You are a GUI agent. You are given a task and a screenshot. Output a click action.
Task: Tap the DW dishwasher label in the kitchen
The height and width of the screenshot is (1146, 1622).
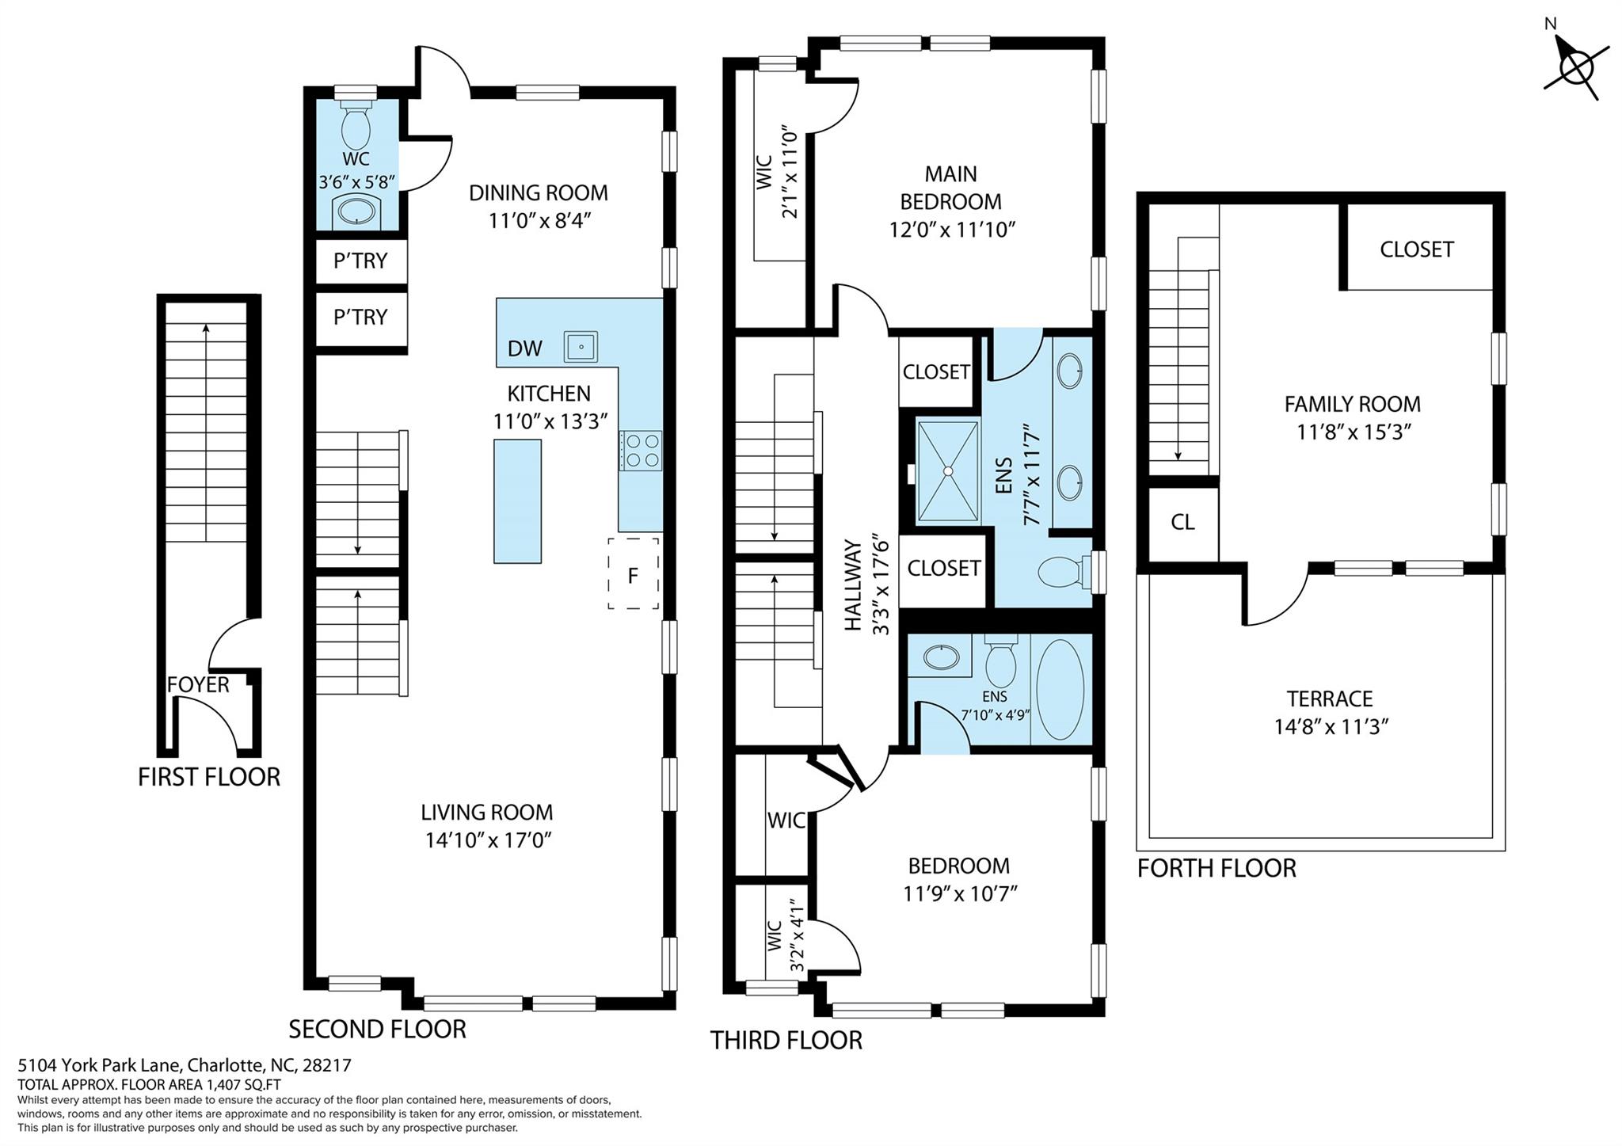524,348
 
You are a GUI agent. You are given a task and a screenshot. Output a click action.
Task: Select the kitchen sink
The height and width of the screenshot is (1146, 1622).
581,347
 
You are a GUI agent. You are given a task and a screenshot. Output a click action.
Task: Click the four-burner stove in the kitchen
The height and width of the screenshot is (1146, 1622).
641,450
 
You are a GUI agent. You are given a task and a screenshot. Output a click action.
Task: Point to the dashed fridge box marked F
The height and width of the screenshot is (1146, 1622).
633,574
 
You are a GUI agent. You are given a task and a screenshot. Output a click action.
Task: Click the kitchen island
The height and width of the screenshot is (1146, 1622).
517,501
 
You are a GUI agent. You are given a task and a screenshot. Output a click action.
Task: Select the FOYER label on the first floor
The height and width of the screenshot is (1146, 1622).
198,684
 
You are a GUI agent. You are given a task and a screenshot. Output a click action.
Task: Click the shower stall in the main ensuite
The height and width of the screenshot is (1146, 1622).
947,472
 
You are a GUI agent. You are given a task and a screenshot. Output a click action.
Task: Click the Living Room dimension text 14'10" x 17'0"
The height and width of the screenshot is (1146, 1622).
488,840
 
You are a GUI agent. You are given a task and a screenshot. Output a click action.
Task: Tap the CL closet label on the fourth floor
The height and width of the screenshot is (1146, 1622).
1182,523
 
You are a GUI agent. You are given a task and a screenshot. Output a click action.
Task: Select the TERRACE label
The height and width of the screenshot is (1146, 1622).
1330,699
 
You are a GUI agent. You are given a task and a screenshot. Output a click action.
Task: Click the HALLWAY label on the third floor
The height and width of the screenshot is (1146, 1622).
853,584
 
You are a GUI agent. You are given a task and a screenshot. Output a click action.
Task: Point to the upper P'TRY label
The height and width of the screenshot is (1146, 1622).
360,261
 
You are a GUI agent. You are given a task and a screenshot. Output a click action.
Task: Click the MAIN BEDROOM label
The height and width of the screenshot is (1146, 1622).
950,188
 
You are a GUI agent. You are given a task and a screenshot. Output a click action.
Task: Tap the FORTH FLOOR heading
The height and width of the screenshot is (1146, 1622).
1216,869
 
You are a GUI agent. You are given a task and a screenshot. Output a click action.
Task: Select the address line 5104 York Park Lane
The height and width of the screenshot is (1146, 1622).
185,1066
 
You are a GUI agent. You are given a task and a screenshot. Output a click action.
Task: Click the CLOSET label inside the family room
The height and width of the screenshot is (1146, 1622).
1416,249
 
